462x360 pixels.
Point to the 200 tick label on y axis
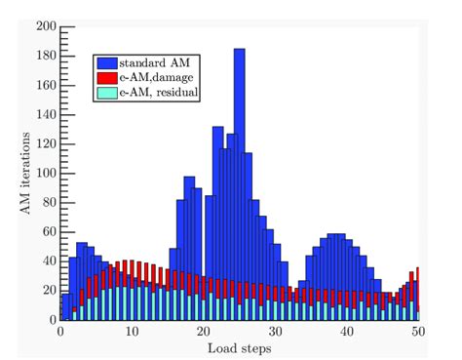(x=45, y=27)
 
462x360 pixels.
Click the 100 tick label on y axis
(x=45, y=174)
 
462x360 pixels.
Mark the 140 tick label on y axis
(x=45, y=115)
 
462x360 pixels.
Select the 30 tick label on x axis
(x=276, y=332)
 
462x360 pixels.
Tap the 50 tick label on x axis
(x=418, y=332)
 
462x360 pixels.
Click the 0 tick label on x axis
(x=60, y=332)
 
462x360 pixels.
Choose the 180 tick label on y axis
(x=45, y=57)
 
